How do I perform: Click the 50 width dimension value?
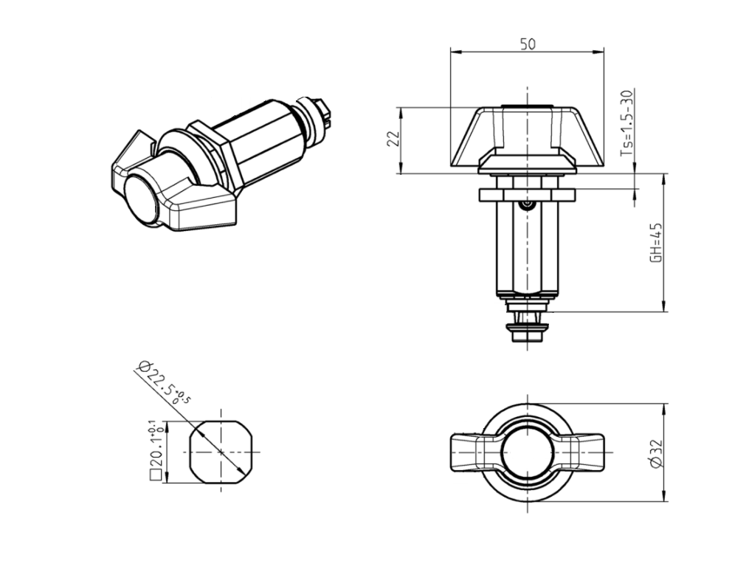click(527, 44)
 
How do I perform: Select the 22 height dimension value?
click(394, 139)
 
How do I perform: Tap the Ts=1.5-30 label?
click(627, 124)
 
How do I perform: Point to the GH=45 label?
click(655, 242)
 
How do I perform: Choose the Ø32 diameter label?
click(657, 452)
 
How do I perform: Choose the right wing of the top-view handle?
click(586, 452)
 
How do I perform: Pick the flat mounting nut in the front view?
click(526, 194)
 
